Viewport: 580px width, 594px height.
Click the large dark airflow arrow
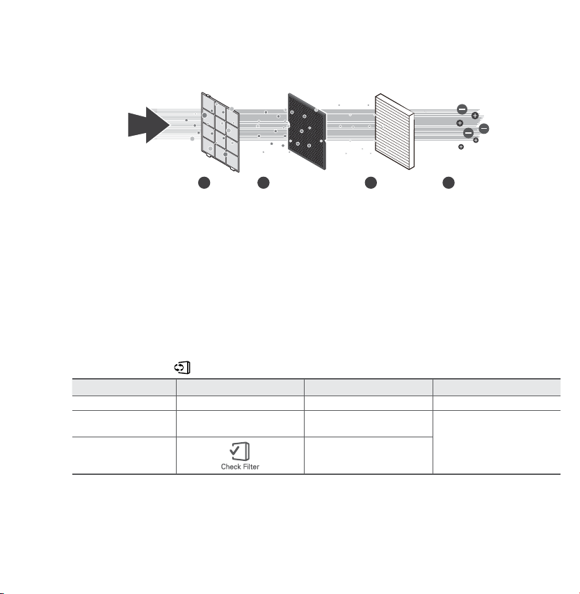point(148,125)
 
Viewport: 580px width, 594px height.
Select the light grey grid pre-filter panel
point(220,132)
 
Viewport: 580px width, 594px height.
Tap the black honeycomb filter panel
point(307,131)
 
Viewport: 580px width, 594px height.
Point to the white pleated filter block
point(394,131)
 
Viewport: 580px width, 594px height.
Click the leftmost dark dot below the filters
point(204,182)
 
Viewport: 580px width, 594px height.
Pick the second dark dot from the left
point(264,182)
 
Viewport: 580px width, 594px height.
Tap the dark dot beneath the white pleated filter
point(371,182)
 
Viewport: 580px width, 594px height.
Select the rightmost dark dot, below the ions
point(449,182)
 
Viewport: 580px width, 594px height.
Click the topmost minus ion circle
point(462,109)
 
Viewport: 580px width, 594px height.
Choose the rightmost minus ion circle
point(484,129)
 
